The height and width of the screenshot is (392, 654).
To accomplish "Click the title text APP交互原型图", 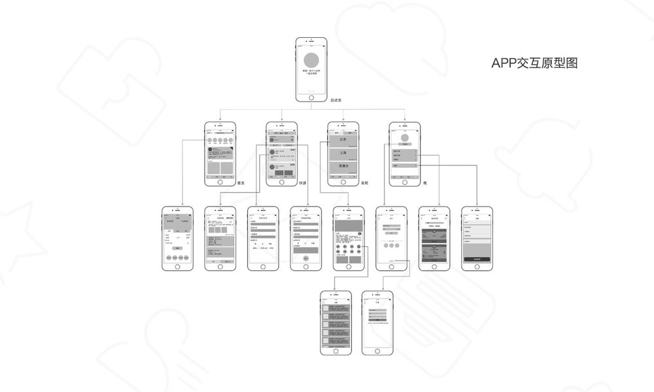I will pyautogui.click(x=535, y=63).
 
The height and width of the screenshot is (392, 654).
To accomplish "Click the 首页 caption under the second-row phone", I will pyautogui.click(x=240, y=184).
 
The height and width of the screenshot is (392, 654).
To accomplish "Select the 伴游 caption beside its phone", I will pyautogui.click(x=302, y=184).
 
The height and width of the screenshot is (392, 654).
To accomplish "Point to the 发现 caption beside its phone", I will pyautogui.click(x=364, y=184).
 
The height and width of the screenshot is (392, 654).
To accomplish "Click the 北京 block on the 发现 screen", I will pyautogui.click(x=343, y=139).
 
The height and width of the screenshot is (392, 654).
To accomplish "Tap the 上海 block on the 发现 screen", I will pyautogui.click(x=343, y=153).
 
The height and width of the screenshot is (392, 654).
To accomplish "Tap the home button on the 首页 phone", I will pyautogui.click(x=220, y=182).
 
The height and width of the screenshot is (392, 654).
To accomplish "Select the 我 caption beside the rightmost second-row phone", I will pyautogui.click(x=424, y=184).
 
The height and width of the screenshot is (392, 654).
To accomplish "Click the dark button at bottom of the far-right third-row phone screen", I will pyautogui.click(x=477, y=259).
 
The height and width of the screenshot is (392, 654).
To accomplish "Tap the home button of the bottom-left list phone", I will pyautogui.click(x=336, y=351).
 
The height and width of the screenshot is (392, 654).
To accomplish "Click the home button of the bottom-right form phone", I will pyautogui.click(x=379, y=351).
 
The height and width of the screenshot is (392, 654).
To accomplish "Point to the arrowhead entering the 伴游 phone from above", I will pyautogui.click(x=282, y=120).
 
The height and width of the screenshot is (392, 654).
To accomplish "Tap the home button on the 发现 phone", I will pyautogui.click(x=343, y=182).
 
